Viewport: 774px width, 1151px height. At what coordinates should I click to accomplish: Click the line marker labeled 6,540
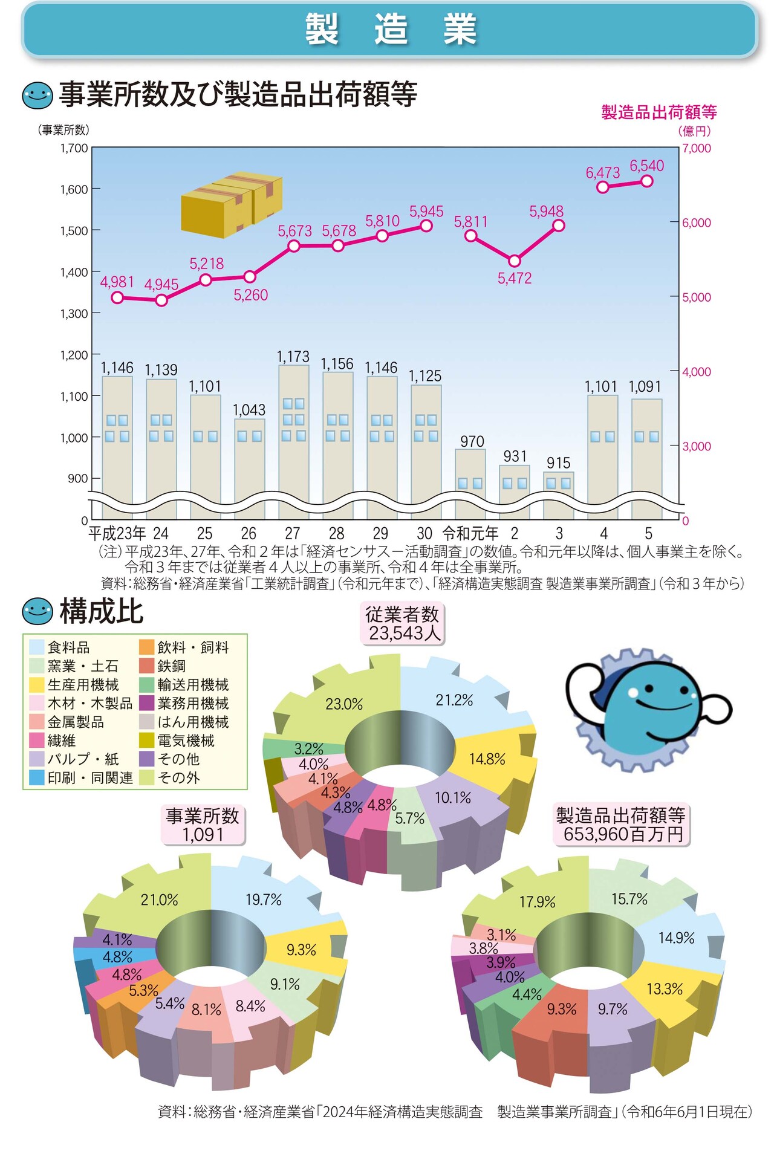(647, 181)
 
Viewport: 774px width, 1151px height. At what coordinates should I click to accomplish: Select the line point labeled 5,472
(515, 261)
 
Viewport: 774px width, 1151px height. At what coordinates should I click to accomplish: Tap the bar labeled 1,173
(294, 441)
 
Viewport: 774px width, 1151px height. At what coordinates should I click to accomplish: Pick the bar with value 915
(559, 495)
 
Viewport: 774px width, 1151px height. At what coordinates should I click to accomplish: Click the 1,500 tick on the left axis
(74, 231)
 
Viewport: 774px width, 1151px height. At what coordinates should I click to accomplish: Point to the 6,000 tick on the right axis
(697, 223)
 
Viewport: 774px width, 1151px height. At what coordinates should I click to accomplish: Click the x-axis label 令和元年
(470, 534)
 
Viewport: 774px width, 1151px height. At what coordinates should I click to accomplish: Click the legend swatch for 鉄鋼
(147, 666)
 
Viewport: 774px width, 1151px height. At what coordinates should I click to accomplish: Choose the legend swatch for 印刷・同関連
(37, 778)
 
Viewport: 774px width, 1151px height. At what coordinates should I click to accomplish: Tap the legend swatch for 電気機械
(147, 741)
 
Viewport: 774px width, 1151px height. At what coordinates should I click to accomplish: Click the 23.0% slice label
(344, 704)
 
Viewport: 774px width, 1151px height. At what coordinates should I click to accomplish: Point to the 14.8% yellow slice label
(487, 759)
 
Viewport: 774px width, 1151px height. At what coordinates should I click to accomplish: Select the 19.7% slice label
(264, 900)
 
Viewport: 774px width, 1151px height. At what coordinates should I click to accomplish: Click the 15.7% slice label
(629, 900)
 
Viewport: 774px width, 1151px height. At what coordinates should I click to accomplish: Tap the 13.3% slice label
(665, 990)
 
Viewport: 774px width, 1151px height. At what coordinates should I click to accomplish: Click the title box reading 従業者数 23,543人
(403, 624)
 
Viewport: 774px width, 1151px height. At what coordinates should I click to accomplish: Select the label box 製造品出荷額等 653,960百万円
(621, 825)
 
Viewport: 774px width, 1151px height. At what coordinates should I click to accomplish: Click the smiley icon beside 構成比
(37, 611)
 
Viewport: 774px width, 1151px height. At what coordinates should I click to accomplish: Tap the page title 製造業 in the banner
(390, 29)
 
